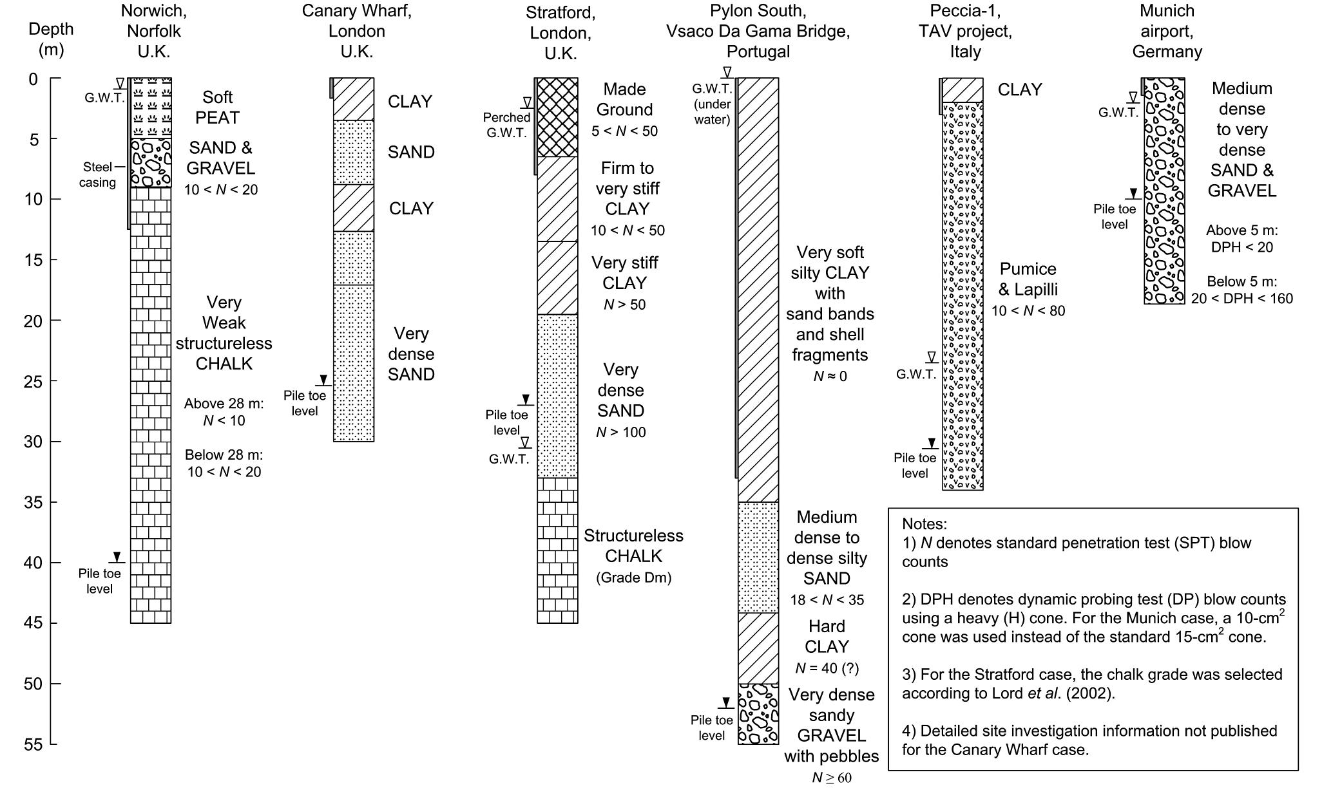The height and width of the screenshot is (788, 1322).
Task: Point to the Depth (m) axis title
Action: coord(51,39)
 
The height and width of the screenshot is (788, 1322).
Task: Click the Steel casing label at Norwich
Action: coord(97,174)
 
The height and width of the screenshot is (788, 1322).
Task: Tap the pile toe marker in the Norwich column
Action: coord(117,557)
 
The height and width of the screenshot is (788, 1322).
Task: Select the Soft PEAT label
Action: coord(217,108)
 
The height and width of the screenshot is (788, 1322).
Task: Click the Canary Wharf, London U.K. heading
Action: coord(356,31)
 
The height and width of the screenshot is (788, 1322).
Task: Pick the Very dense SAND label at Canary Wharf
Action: coord(411,354)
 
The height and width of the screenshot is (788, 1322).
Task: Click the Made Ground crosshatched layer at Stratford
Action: coord(557,117)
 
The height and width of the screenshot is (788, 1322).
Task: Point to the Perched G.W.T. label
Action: coord(506,125)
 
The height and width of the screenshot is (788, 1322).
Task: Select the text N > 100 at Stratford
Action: coord(620,433)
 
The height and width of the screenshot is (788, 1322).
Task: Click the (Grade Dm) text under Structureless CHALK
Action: coord(634,577)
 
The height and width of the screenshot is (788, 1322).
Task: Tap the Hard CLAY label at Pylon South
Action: coord(827,637)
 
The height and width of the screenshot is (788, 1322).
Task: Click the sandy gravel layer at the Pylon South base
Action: coord(758,714)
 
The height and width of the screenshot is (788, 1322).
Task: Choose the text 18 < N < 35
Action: coord(827,600)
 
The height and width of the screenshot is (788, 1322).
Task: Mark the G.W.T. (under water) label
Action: coord(712,104)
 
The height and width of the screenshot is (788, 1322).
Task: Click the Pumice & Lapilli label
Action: coord(1028,279)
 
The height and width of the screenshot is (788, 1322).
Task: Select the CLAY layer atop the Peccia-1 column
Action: coord(963,90)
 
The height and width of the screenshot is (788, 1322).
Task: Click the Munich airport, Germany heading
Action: coord(1167,31)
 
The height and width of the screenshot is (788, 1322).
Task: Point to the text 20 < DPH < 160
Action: coord(1241,299)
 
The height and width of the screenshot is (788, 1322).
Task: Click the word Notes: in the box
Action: coord(924,524)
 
